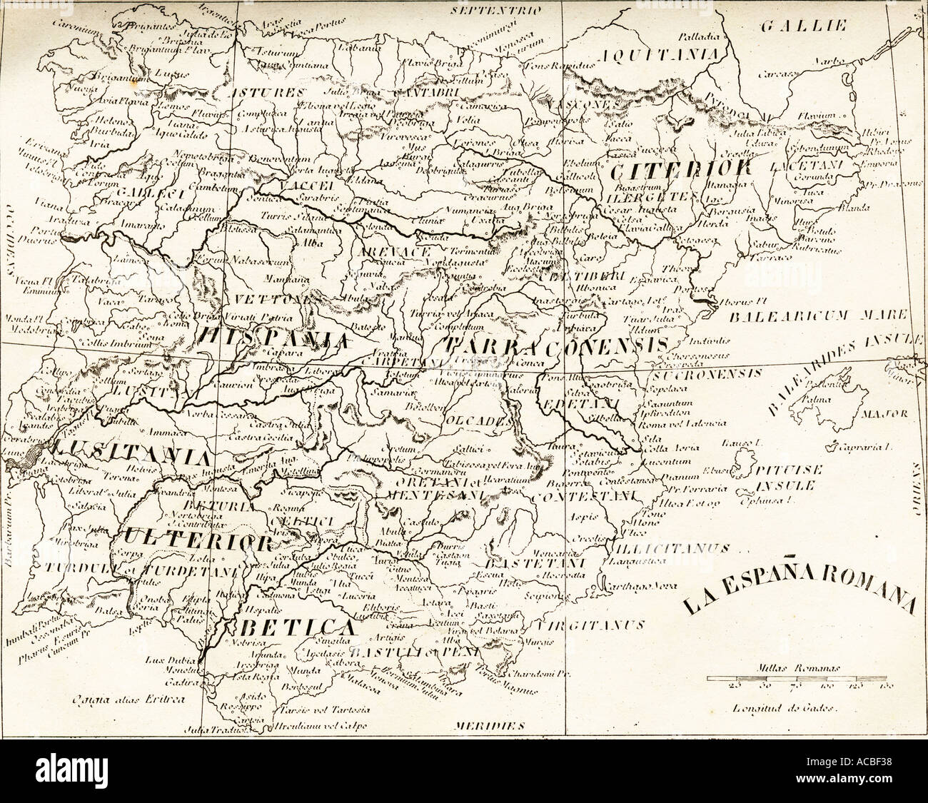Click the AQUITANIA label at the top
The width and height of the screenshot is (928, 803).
coord(660,55)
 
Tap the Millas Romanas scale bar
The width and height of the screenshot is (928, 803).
coord(800,677)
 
